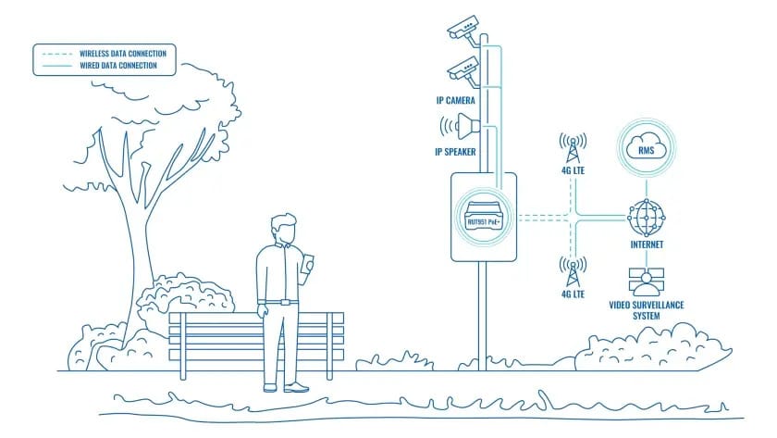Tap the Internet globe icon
[645, 217]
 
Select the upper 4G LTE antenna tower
[573, 148]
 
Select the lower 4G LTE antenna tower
[573, 271]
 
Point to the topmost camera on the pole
[464, 28]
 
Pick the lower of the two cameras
[462, 68]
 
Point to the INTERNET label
[645, 245]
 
